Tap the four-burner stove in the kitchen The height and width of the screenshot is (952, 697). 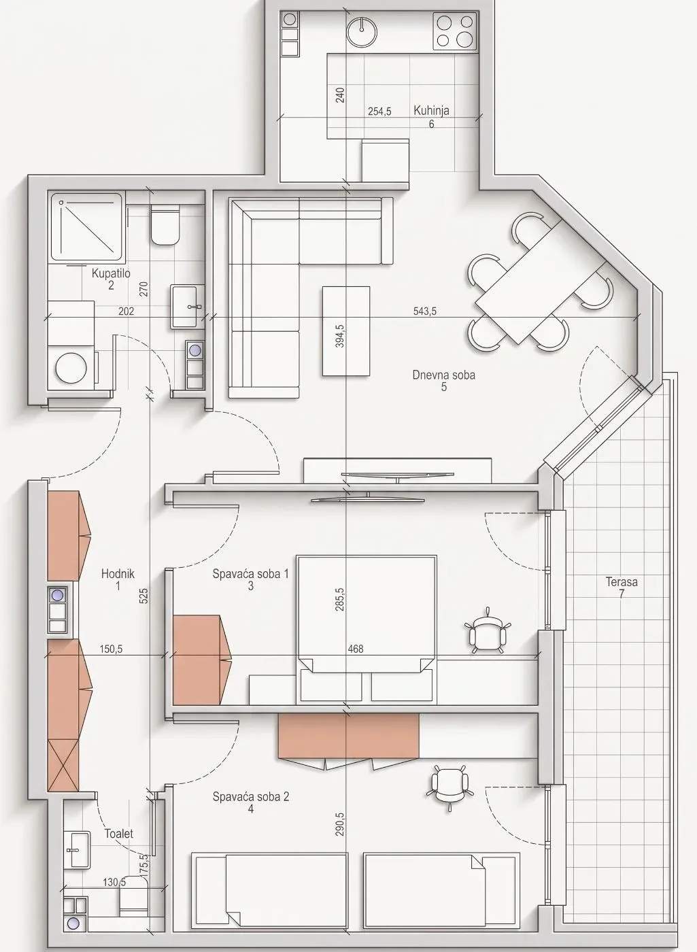tap(455, 31)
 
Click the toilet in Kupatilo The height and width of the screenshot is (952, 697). tap(165, 225)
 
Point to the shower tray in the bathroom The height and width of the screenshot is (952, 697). tap(86, 227)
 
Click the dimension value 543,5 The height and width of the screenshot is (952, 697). tap(424, 311)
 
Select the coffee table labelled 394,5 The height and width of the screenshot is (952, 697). tap(345, 331)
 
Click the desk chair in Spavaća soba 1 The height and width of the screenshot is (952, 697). tap(488, 631)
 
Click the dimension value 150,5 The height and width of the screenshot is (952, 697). tap(111, 649)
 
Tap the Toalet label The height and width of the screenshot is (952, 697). tap(119, 834)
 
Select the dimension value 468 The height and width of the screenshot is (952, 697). tap(355, 649)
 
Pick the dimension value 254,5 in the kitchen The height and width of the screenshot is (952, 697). tap(379, 112)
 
